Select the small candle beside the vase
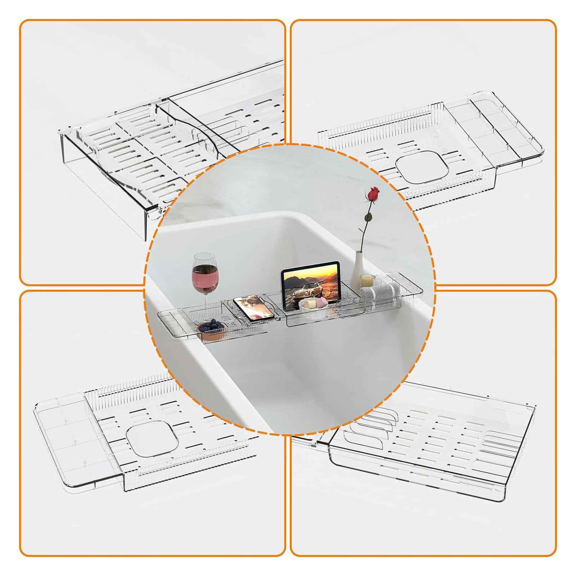coord(366,280)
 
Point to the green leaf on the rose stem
coord(368,218)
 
